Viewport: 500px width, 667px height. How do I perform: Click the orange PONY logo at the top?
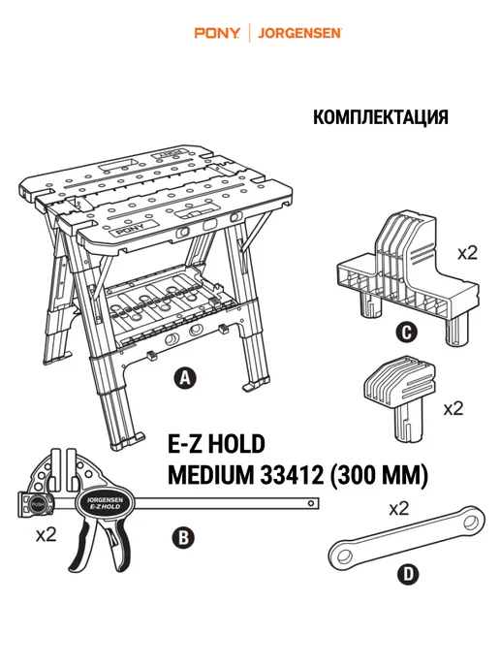(217, 33)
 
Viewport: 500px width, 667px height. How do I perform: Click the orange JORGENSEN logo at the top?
(299, 33)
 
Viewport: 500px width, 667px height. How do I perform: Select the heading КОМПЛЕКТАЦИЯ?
(381, 117)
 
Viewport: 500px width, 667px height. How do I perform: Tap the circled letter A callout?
(185, 377)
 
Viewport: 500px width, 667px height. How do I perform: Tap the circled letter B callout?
(183, 538)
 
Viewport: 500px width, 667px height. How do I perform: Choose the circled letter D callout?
(408, 574)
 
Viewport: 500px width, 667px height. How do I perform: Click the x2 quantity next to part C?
(467, 254)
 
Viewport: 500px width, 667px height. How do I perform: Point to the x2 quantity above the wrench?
(399, 508)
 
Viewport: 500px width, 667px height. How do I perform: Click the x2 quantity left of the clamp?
(46, 534)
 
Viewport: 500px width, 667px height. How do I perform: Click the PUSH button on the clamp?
(37, 505)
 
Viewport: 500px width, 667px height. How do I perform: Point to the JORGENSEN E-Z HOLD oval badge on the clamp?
(105, 503)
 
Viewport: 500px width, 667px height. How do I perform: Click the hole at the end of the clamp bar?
(311, 504)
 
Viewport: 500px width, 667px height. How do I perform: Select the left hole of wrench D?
(345, 556)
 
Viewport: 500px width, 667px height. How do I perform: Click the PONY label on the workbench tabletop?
(130, 230)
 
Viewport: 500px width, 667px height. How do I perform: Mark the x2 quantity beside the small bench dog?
(453, 409)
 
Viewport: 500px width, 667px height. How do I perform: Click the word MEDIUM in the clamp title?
(211, 475)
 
